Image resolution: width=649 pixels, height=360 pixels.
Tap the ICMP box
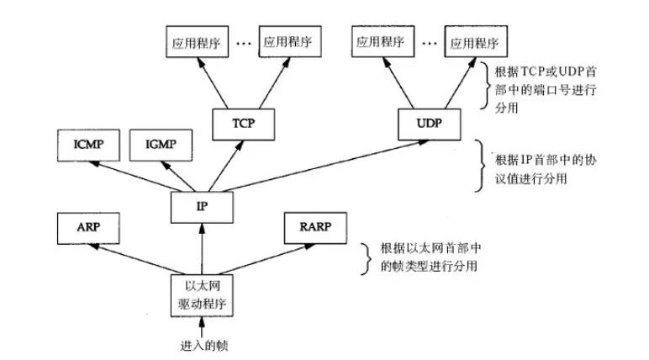(82, 144)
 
